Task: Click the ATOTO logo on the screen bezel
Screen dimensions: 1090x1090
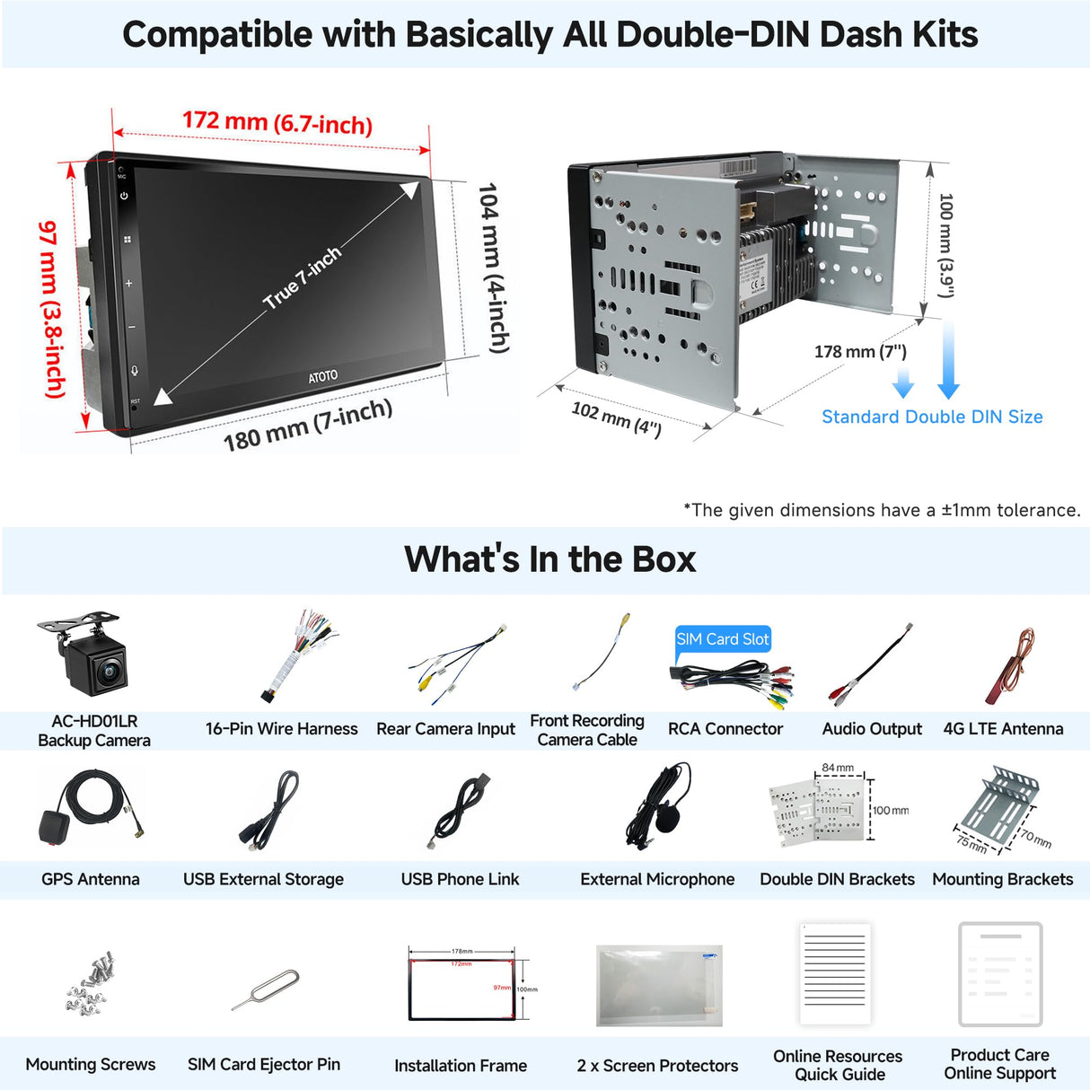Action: click(323, 376)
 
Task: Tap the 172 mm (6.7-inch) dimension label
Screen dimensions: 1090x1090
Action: click(277, 122)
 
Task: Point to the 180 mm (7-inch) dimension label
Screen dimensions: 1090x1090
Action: click(307, 426)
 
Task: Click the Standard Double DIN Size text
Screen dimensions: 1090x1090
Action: click(932, 417)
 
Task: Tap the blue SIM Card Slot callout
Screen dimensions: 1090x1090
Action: click(722, 639)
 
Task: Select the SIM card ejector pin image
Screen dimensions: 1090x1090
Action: click(265, 989)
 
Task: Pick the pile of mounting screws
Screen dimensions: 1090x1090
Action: click(91, 984)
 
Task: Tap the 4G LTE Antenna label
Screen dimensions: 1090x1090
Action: click(1003, 729)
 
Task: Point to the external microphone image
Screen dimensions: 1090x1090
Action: click(660, 805)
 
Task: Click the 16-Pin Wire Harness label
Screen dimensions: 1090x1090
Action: click(281, 729)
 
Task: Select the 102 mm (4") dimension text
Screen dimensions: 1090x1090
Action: click(616, 419)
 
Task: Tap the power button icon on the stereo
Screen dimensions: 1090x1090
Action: click(124, 196)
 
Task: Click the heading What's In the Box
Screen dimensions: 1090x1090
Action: click(549, 559)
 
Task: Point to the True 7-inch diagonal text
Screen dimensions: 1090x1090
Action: click(303, 277)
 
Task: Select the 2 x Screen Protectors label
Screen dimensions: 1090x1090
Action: click(657, 1066)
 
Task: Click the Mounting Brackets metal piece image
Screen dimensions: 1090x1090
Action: click(998, 801)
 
